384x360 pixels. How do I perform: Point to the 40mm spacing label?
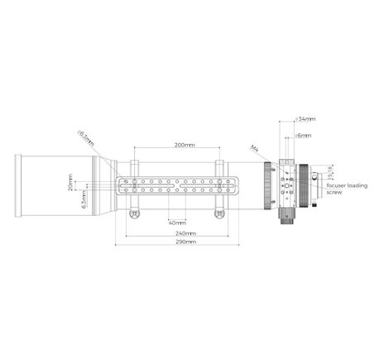coord(176,223)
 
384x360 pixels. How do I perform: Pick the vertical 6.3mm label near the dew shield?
coord(85,199)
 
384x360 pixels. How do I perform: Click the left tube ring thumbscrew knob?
coord(134,214)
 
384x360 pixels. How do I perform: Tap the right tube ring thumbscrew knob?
coord(219,214)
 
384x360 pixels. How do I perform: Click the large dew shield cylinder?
coord(54,185)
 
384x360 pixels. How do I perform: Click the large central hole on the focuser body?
coord(286,187)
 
